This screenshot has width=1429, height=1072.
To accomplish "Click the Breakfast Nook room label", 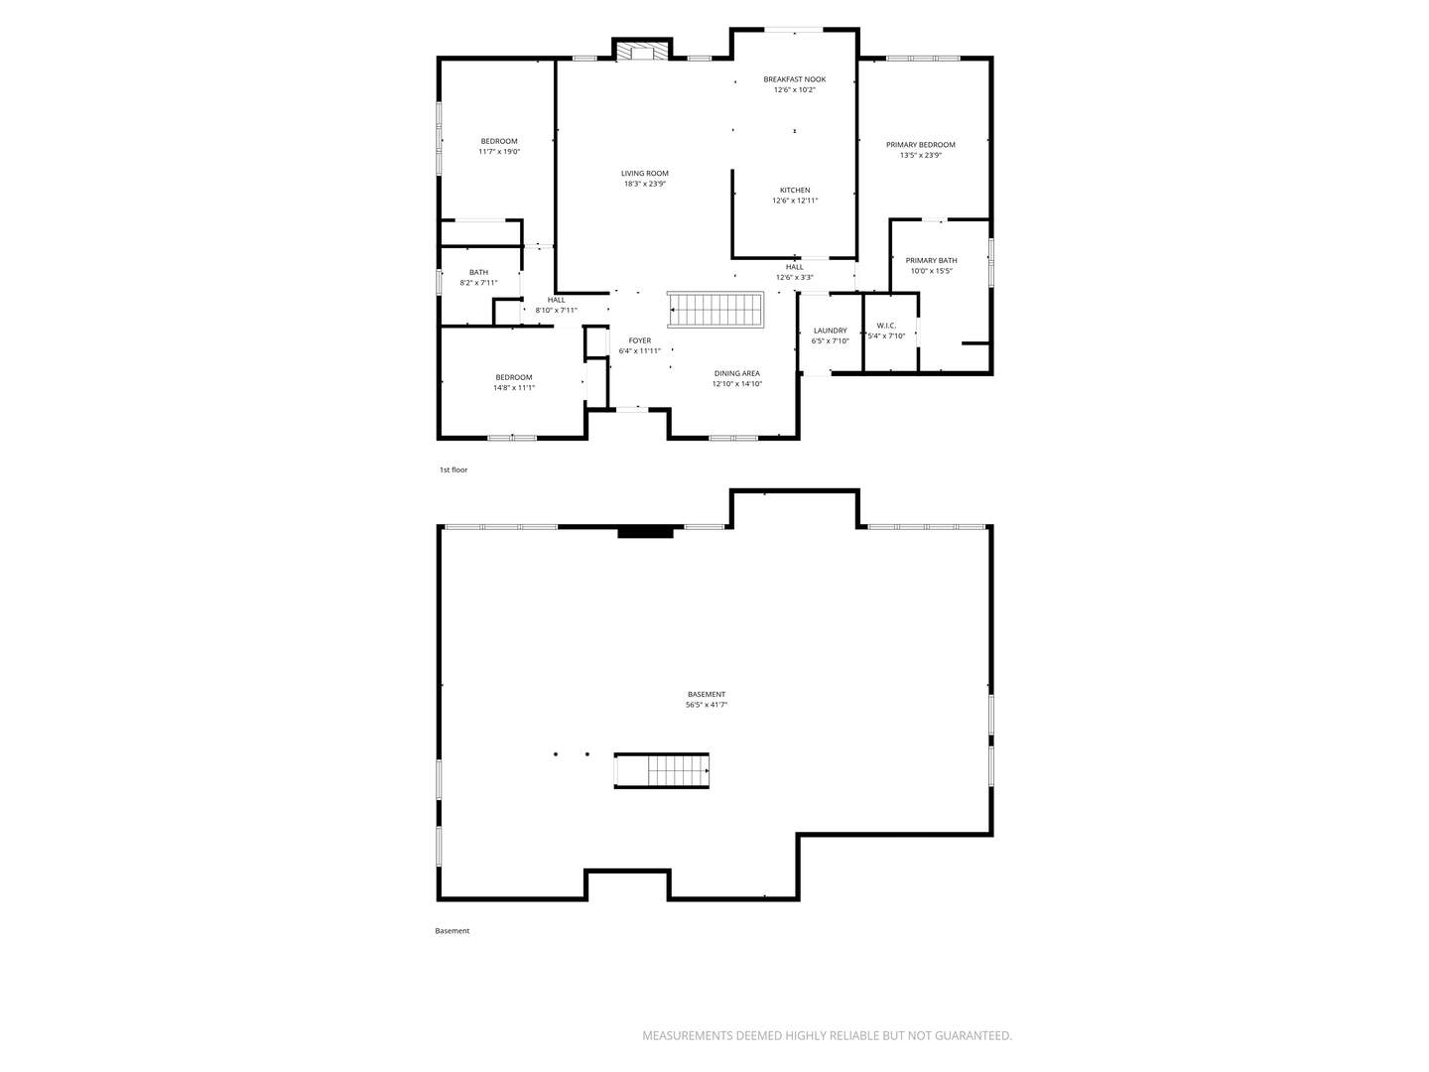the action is click(x=794, y=79).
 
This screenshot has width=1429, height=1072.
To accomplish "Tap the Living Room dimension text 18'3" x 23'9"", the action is click(x=644, y=185).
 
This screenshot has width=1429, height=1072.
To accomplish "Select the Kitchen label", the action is click(x=795, y=190).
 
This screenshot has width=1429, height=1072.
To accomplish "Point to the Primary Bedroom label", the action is click(x=921, y=145).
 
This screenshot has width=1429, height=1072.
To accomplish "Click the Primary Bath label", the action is click(x=931, y=260).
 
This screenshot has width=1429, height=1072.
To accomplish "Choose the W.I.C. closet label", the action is click(x=886, y=326).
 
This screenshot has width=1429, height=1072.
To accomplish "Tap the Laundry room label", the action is click(x=830, y=331).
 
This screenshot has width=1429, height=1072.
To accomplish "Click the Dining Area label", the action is click(x=737, y=373).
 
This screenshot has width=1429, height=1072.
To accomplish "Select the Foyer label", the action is click(x=640, y=340).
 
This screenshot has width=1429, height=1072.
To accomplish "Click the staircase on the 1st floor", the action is click(x=714, y=310).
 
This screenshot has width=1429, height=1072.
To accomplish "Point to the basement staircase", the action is click(x=662, y=770).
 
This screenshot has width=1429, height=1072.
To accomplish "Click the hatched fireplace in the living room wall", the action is click(x=643, y=52).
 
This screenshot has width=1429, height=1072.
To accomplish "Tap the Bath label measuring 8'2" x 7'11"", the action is click(x=478, y=272).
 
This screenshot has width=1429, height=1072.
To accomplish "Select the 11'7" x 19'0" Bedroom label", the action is click(x=499, y=141).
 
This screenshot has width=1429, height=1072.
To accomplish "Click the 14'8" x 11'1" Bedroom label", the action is click(x=514, y=377).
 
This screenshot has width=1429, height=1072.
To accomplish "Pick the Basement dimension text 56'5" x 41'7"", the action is click(x=707, y=705).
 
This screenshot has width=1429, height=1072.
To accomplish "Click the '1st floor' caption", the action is click(x=454, y=469).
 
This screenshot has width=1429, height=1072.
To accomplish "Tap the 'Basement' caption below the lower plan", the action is click(x=452, y=931).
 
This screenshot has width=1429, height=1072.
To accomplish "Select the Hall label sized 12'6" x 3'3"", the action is click(x=794, y=267).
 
